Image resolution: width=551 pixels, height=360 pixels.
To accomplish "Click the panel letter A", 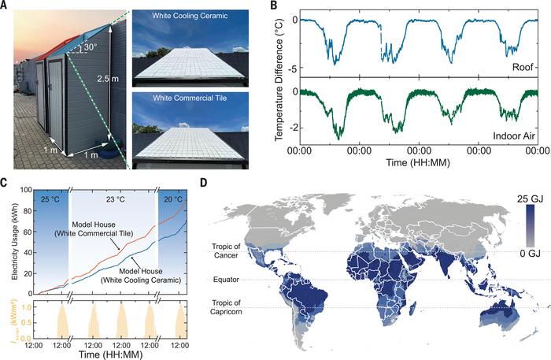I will coord(6,6).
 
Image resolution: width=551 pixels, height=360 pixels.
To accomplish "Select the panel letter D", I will coord(206,184).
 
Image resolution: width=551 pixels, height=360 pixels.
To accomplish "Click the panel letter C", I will coord(6,184).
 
